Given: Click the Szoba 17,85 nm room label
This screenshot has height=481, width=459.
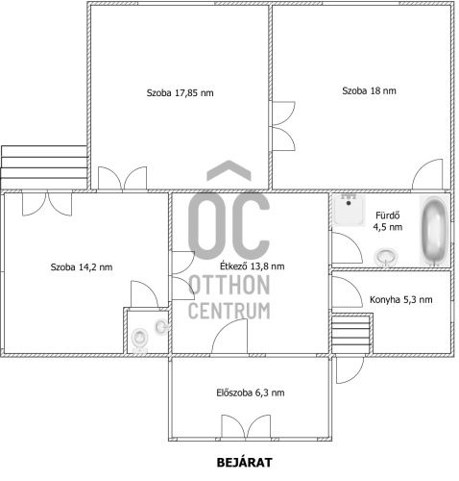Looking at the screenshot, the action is point(180,93).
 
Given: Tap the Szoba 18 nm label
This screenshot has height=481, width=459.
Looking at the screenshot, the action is point(369,90).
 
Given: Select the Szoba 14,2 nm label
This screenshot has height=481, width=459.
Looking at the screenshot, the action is point(82,267).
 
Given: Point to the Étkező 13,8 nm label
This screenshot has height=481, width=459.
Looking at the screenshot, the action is point(253,266).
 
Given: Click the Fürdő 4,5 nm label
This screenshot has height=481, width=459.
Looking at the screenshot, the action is point(388,221).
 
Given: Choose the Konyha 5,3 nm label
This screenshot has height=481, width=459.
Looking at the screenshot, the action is point(401,300).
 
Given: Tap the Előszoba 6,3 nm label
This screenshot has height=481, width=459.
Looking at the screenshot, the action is point(251,392).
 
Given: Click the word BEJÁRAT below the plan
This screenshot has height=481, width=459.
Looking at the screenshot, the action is point(245,463).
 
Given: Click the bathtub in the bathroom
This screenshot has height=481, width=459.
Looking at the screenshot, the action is point(434,231).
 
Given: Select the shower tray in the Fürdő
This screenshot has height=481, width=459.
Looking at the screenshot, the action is point(349,211).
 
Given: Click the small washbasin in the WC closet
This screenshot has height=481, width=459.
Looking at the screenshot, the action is point(161,327).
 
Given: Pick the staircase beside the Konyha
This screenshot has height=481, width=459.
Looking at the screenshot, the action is point(351,334).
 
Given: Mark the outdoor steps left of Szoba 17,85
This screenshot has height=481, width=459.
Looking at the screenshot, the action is point(44,167).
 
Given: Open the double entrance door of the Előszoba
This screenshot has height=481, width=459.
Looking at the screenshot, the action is point(246,426).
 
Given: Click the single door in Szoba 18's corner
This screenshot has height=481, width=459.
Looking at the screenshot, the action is point(427,174).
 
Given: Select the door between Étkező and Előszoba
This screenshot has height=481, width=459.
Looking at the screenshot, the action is point(229,337).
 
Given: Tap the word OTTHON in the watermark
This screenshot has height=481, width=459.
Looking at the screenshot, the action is point(229,285).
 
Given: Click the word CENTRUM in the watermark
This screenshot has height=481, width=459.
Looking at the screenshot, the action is point(229,311).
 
